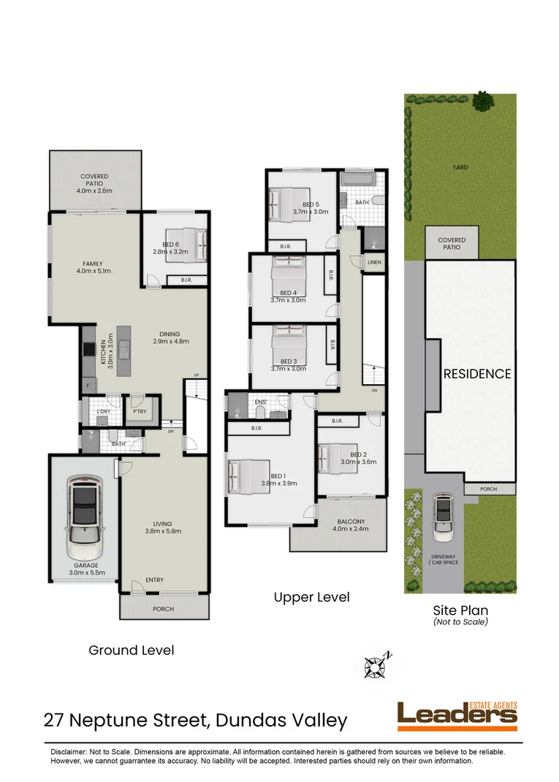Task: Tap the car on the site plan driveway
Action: (443, 517)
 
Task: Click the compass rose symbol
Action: (376, 665)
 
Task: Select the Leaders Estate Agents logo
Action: (457, 716)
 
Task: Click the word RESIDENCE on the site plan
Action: (477, 374)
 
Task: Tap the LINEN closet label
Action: (374, 262)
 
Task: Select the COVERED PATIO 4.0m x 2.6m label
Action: (94, 183)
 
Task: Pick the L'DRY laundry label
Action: (103, 412)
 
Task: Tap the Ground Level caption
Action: (131, 650)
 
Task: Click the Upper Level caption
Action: (311, 597)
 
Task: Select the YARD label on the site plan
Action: (460, 167)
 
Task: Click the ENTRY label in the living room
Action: (154, 580)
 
